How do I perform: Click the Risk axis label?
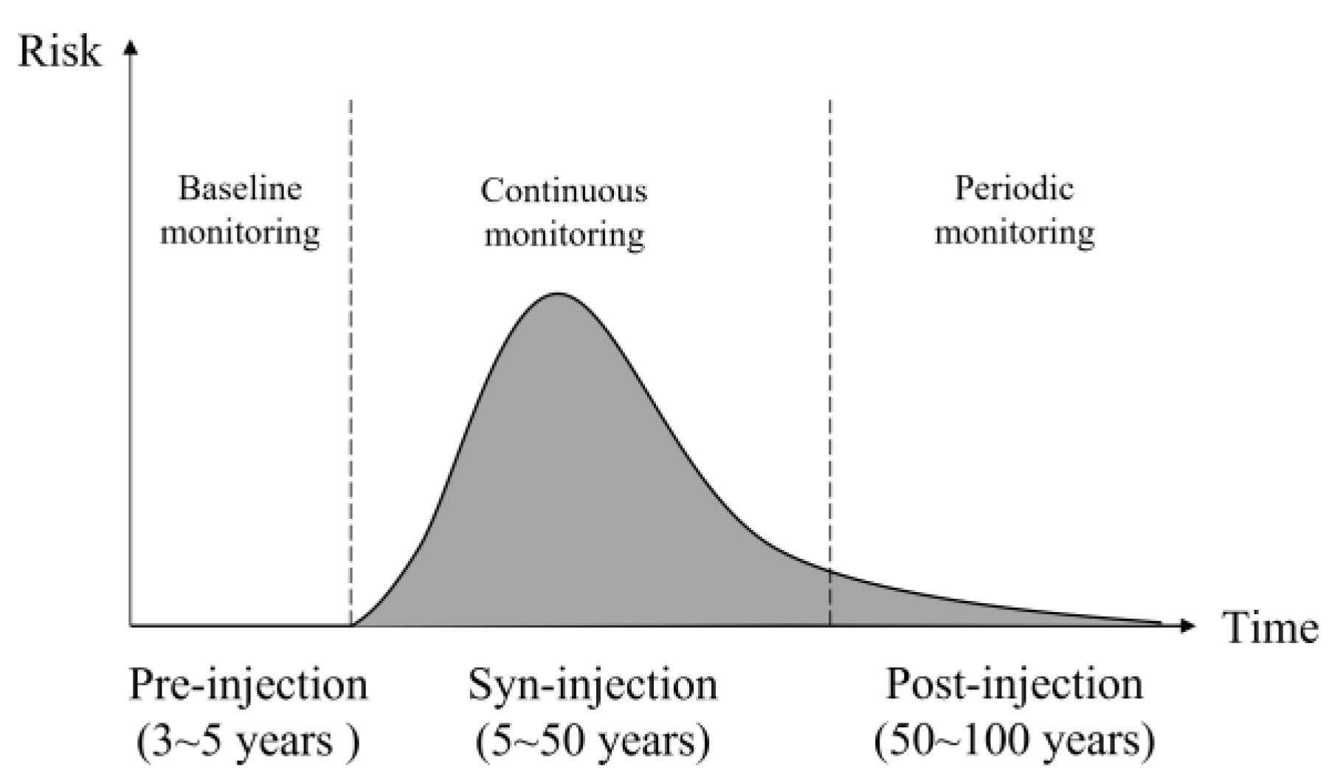[x=59, y=52]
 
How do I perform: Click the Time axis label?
[x=1271, y=628]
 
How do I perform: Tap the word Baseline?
[x=241, y=189]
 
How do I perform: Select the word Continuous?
[x=564, y=191]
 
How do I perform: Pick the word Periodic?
[x=1014, y=188]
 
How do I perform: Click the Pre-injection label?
[x=249, y=685]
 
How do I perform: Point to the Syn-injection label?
[x=593, y=685]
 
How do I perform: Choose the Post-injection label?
[x=1014, y=685]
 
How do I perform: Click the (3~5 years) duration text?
[x=249, y=740]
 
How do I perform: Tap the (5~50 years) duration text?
[x=593, y=740]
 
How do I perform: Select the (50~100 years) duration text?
[x=1014, y=740]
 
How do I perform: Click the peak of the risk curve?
[x=558, y=294]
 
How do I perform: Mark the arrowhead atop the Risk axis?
[x=131, y=47]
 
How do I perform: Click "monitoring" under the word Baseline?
[x=241, y=233]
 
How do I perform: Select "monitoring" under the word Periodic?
[x=1014, y=233]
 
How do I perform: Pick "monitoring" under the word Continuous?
[x=564, y=235]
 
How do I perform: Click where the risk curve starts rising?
[x=354, y=625]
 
